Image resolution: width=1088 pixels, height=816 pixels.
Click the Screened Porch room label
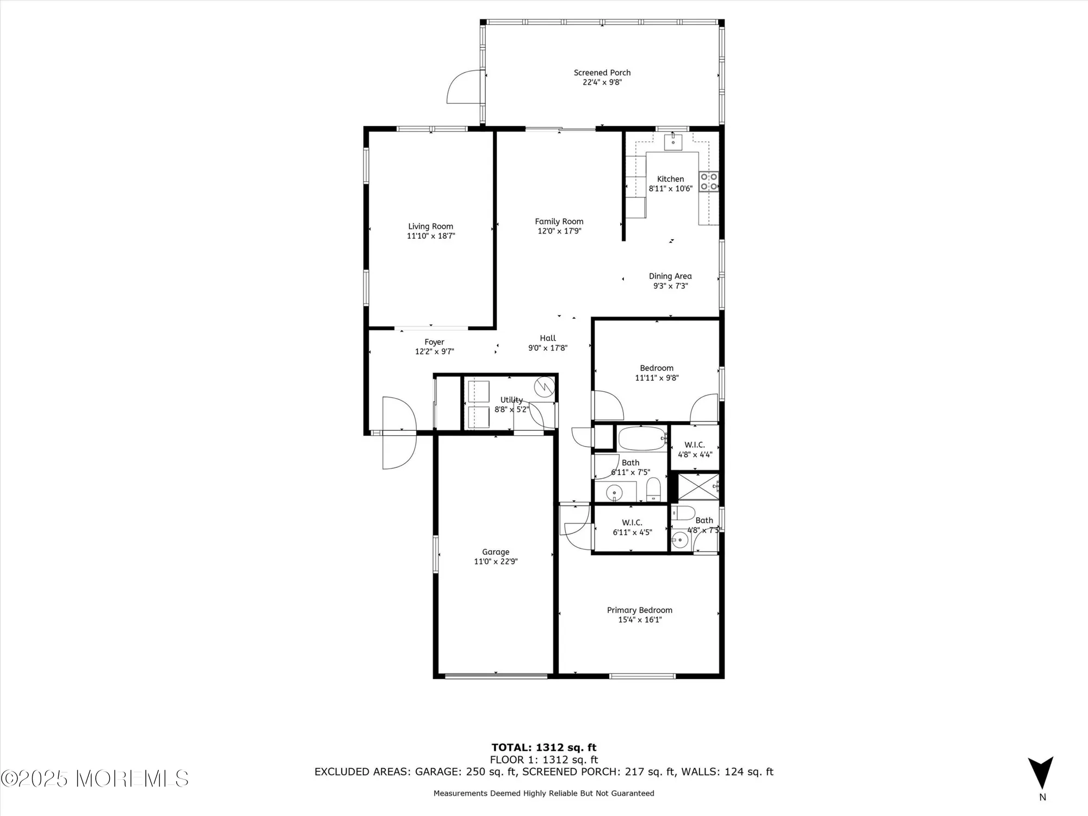(x=602, y=72)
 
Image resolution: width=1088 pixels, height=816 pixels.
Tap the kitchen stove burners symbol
(x=708, y=182)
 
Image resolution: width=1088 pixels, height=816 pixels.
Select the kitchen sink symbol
(x=673, y=141)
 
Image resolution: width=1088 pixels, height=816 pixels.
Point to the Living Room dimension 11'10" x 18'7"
(x=431, y=236)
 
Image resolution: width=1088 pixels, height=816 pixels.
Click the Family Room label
(x=559, y=221)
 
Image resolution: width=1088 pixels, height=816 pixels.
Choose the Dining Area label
(x=670, y=276)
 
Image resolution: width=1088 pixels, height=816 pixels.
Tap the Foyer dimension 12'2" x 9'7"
(x=434, y=352)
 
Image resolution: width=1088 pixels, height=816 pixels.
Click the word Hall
(x=548, y=338)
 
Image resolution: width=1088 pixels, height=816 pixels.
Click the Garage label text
(x=496, y=552)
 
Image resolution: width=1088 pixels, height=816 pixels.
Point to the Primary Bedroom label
(x=639, y=610)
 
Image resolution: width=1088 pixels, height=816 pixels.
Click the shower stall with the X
(x=698, y=486)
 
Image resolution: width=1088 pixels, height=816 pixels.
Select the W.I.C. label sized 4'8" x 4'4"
(x=695, y=445)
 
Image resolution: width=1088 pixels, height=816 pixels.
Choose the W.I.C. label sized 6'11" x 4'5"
(x=632, y=523)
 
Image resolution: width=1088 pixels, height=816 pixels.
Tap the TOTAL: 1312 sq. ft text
(x=544, y=747)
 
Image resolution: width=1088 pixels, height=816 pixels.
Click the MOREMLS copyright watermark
(x=95, y=778)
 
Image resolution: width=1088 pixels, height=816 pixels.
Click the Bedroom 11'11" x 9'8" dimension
(x=657, y=378)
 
